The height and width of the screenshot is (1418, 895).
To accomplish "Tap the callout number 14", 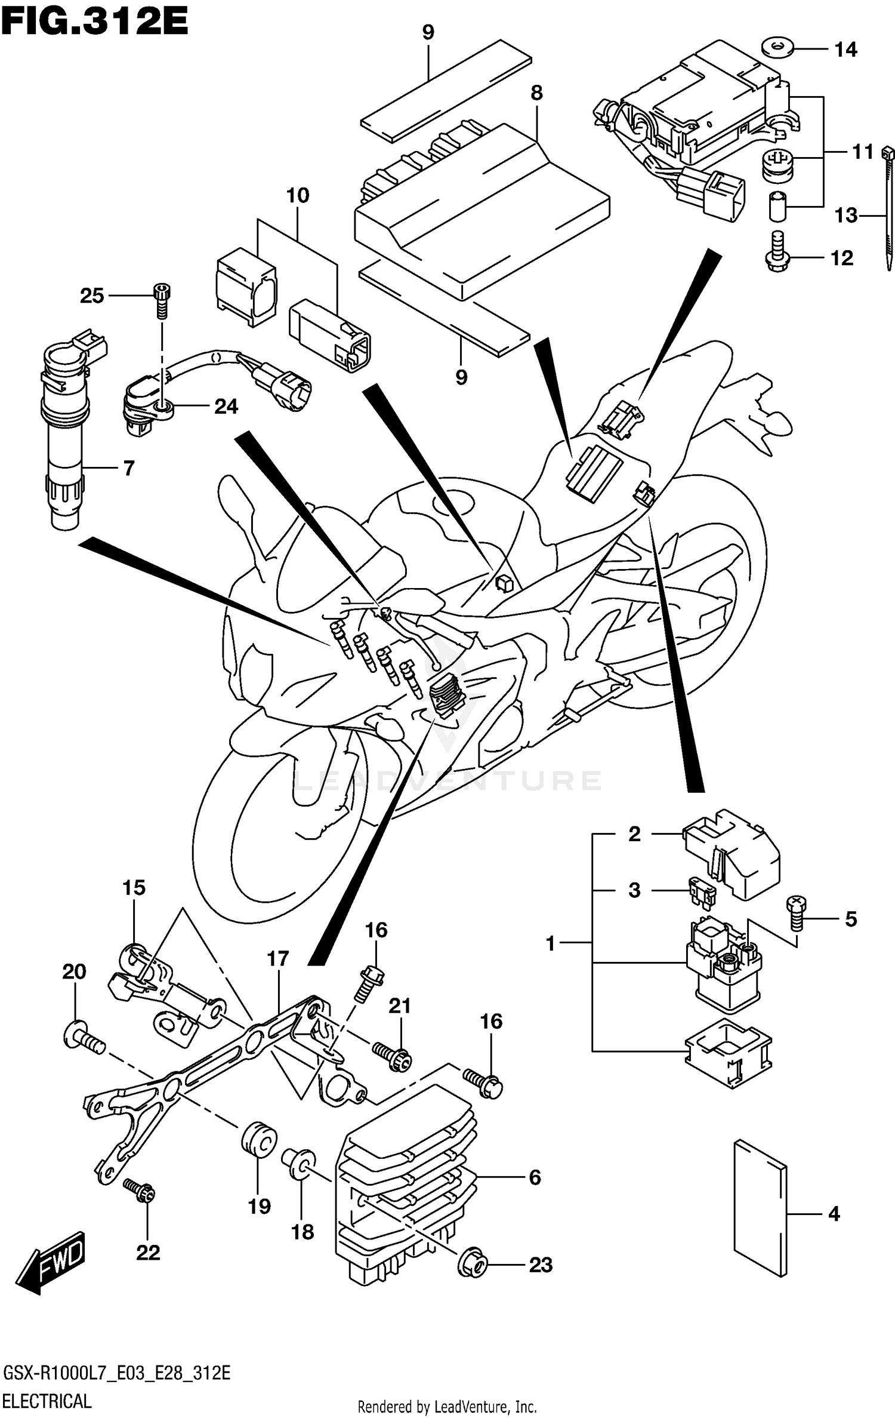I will [x=845, y=50].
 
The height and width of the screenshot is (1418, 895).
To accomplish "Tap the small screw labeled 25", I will [x=162, y=302].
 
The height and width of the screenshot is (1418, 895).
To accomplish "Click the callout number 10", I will [x=298, y=195].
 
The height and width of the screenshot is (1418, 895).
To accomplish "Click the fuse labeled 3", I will [x=702, y=891].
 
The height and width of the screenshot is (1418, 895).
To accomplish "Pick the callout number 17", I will [x=278, y=959].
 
